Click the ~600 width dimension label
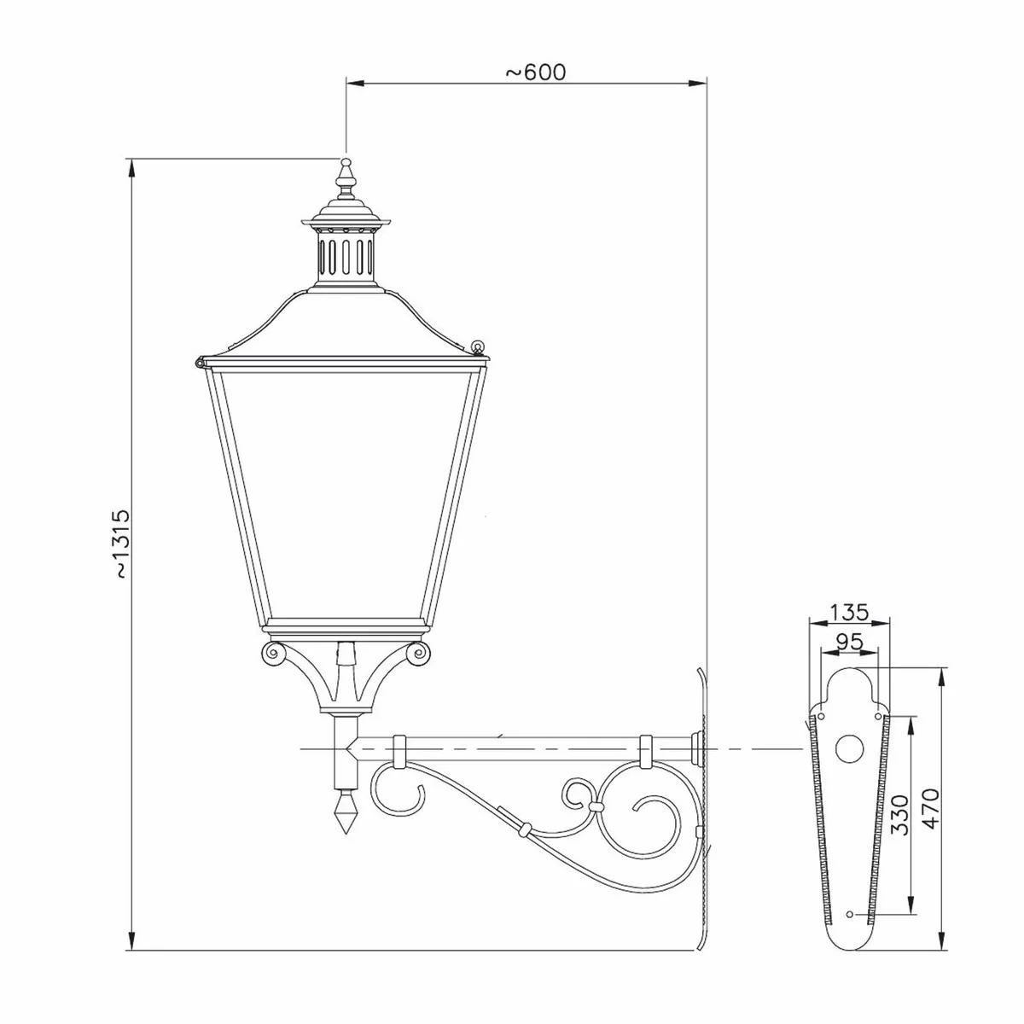[x=535, y=72]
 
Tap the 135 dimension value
[x=849, y=611]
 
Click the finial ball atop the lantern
[x=346, y=162]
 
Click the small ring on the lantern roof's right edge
[x=478, y=346]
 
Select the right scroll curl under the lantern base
[x=418, y=655]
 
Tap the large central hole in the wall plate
[x=849, y=748]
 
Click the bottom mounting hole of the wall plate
[x=849, y=914]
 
